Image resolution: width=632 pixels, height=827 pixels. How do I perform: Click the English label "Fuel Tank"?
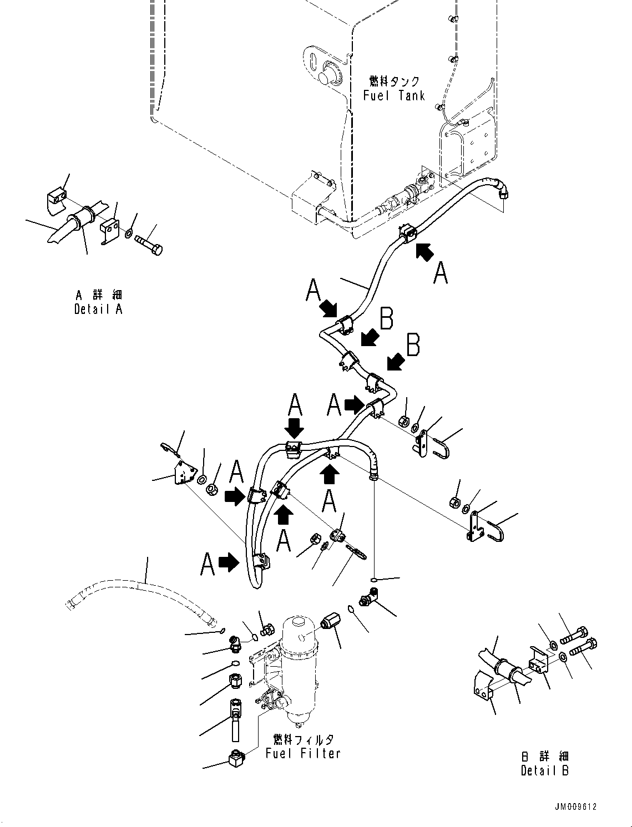pos(394,95)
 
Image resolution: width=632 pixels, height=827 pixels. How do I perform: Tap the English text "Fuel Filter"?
pos(303,753)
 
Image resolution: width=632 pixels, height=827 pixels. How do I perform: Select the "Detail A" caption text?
pos(98,310)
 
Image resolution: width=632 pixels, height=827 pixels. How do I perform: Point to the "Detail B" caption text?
pos(545,770)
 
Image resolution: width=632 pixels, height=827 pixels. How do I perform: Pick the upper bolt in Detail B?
pos(578,633)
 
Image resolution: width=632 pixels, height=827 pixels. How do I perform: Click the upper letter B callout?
pos(387,319)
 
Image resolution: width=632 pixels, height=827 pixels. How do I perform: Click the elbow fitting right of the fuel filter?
pos(368,599)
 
